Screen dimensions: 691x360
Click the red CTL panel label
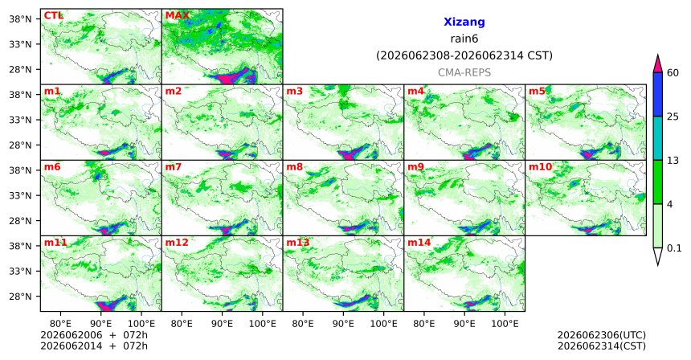click(53, 16)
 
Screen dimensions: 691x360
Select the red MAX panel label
click(177, 16)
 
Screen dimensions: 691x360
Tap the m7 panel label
click(174, 167)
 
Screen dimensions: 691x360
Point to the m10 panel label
click(540, 167)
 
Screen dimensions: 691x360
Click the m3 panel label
click(295, 92)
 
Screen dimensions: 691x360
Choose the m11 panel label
click(55, 243)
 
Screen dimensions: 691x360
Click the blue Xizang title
click(464, 22)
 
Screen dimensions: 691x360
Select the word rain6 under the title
click(464, 39)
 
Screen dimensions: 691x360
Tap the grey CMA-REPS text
click(464, 72)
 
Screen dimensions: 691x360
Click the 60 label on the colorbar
click(673, 72)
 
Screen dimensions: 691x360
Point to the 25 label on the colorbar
click(673, 117)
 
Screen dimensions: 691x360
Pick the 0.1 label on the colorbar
click(674, 248)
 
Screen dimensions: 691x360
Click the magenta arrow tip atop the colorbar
click(658, 55)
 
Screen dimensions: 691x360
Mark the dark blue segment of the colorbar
click(658, 94)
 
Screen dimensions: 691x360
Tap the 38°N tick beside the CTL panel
click(20, 19)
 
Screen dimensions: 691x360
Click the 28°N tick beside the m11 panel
click(20, 296)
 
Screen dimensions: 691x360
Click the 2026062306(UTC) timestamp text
click(602, 336)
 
